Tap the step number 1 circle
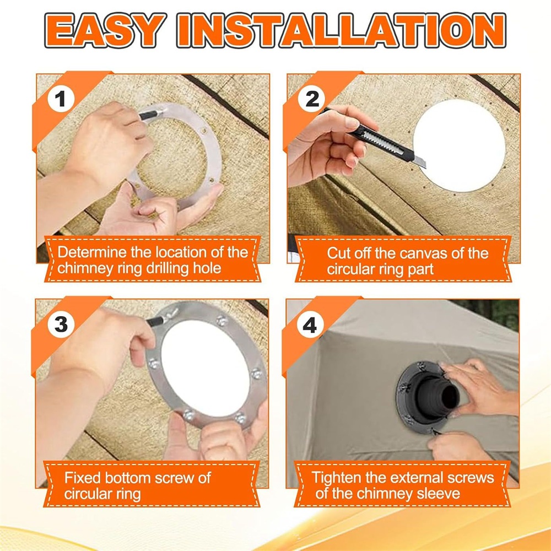tap(61, 99)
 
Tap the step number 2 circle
tap(312, 99)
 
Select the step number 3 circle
tap(61, 324)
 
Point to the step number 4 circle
tap(310, 326)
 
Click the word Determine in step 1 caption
tap(91, 252)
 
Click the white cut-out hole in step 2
tap(459, 145)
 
